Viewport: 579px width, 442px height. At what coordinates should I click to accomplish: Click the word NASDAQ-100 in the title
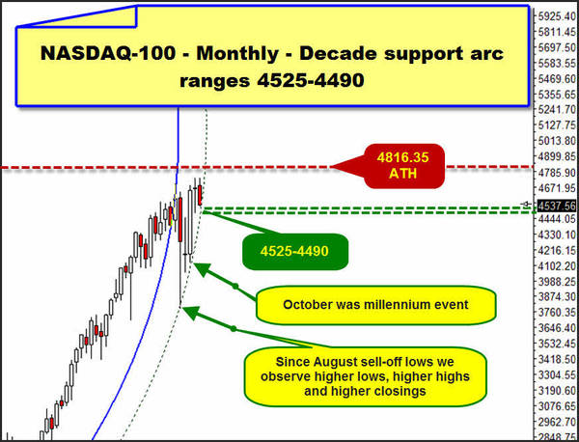point(107,53)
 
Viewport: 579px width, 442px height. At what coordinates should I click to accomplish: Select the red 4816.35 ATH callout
point(403,166)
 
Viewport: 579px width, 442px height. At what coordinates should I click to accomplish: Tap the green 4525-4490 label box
point(294,252)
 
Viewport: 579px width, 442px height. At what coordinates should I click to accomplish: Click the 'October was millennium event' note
point(375,305)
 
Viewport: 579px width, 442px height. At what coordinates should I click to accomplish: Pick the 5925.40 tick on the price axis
point(557,16)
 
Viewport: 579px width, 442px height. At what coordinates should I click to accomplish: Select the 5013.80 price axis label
point(557,141)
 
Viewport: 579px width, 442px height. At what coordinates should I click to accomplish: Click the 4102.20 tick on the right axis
point(557,265)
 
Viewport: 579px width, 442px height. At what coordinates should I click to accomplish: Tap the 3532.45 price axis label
point(557,344)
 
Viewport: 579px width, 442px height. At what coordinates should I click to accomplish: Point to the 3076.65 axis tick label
point(557,406)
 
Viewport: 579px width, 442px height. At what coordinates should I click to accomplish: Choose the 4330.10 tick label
point(557,235)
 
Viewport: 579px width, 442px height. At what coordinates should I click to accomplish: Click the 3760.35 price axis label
point(557,313)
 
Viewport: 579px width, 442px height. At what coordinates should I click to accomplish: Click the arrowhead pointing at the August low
point(189,311)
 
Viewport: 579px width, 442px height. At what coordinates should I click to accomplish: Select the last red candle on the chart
point(200,195)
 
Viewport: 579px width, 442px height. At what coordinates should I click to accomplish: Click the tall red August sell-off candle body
point(180,220)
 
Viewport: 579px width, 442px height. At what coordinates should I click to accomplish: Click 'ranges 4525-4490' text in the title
point(272,80)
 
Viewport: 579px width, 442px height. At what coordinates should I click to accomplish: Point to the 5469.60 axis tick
point(557,78)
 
